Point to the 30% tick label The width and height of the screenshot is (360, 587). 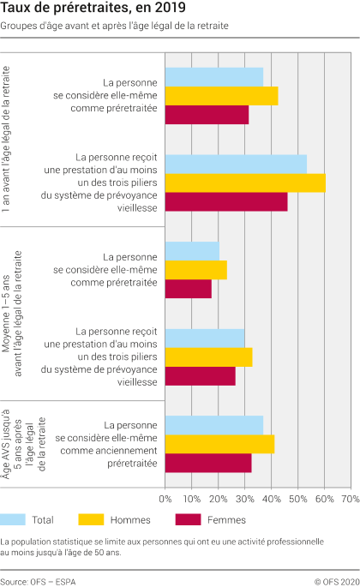[245, 497]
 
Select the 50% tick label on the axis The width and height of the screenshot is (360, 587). [298, 497]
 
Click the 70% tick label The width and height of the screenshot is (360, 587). [350, 497]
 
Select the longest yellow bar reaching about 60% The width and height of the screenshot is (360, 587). [245, 183]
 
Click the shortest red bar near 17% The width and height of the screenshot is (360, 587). [188, 289]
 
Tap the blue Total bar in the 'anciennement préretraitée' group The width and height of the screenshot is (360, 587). [213, 425]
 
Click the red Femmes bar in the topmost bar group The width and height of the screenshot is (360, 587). [207, 115]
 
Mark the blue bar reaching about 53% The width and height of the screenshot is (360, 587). [236, 164]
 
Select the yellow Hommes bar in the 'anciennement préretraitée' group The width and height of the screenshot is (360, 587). [219, 444]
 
